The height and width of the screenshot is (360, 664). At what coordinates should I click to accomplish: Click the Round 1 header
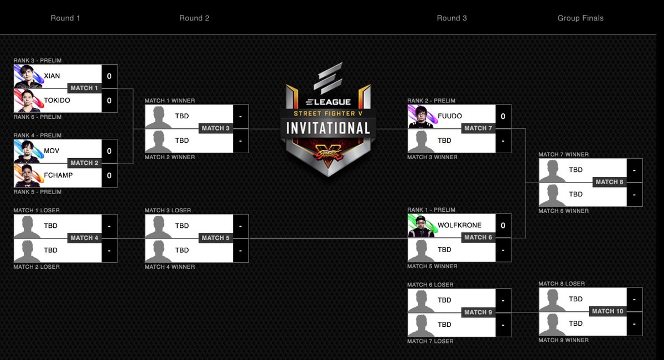(x=65, y=18)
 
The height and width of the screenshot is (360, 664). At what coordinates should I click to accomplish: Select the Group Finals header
(x=580, y=18)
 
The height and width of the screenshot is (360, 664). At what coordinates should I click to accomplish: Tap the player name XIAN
(x=52, y=76)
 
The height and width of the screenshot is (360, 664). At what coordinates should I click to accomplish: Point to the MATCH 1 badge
(x=84, y=88)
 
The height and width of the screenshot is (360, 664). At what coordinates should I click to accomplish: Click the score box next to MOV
(x=109, y=151)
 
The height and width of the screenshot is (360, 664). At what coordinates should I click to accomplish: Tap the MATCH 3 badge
(x=215, y=128)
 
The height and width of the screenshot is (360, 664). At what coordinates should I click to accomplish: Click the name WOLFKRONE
(x=459, y=225)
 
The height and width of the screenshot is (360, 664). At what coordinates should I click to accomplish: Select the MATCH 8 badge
(x=609, y=182)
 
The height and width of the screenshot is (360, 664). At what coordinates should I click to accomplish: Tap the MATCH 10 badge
(x=607, y=311)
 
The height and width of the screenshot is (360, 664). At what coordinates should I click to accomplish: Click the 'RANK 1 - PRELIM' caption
(x=431, y=210)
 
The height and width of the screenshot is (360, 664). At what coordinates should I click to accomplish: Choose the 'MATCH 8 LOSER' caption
(x=562, y=284)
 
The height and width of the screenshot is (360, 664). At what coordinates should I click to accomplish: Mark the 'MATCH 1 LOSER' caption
(x=37, y=210)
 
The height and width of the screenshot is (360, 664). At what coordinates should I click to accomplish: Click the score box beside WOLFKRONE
(x=503, y=225)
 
